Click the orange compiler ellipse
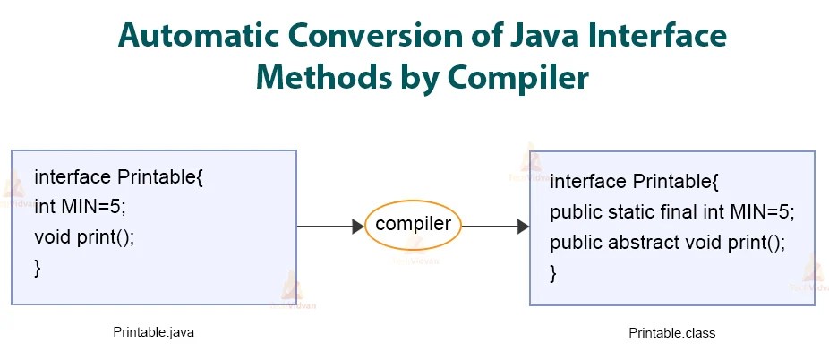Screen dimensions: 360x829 [x=413, y=225]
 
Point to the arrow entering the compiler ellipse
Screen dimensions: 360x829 [x=330, y=227]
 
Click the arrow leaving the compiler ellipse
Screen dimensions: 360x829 [x=495, y=227]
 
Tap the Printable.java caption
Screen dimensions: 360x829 [x=153, y=331]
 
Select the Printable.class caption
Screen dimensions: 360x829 [x=671, y=333]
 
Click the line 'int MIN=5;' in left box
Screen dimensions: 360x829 [x=81, y=207]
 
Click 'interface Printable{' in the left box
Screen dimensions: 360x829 [x=119, y=176]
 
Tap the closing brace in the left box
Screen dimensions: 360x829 [x=38, y=267]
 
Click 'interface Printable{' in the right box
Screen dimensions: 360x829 [x=635, y=183]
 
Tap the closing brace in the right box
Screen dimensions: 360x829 [x=553, y=273]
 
